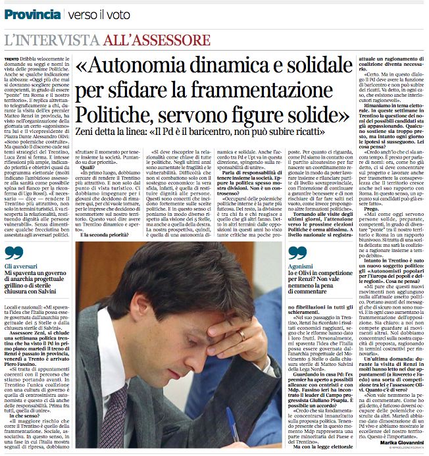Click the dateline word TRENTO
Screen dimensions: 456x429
(11, 59)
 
